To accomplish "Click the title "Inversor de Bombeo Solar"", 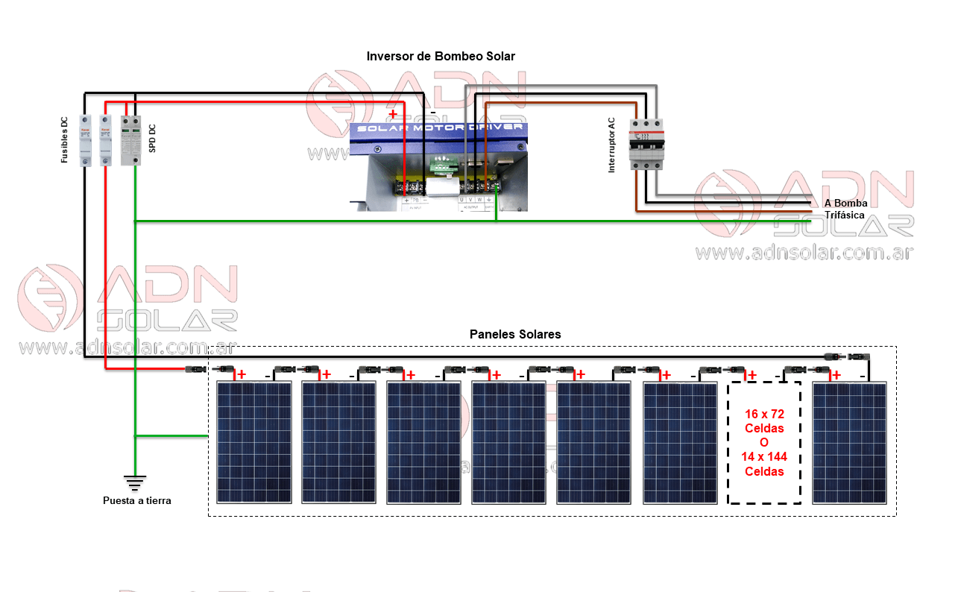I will (440, 57).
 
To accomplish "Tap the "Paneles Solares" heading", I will (515, 335).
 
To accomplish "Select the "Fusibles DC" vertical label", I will (65, 140).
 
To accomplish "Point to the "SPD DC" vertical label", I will (152, 139).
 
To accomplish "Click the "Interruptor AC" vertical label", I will (612, 145).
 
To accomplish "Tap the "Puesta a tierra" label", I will (137, 501).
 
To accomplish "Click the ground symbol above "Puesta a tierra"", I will (135, 483).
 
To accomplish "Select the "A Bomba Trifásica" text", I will (844, 209).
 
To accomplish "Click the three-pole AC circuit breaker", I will (646, 143).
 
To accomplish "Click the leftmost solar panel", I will (254, 442).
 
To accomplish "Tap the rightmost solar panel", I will (849, 442).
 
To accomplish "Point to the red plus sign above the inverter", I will (393, 114).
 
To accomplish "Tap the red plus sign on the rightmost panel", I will (836, 375).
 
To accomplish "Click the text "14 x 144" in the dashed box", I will (764, 456).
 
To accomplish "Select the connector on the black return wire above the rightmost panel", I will (848, 357).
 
